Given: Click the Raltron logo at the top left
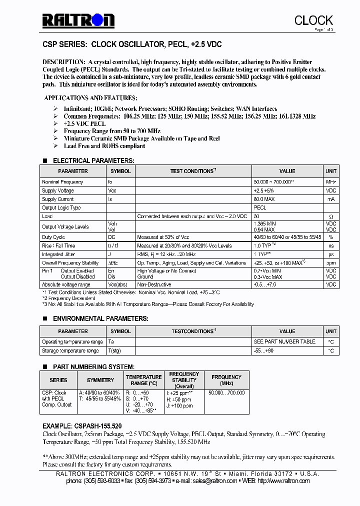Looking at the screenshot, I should point(78,20).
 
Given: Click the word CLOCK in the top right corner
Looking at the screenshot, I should point(313,20).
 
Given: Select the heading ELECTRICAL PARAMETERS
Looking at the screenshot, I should point(93,160).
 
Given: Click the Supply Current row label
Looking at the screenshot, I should point(58,199).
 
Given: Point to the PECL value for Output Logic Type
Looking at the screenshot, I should point(260,207).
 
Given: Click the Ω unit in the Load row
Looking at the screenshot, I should point(331,216).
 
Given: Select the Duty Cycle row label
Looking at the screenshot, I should point(53,237).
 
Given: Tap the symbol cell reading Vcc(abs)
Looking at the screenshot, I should point(118,284).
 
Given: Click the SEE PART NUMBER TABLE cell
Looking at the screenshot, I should point(284,341).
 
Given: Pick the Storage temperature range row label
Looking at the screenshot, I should point(70,351).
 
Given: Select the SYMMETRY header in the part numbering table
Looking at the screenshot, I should point(100,380).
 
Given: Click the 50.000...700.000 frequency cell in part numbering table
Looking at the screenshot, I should point(226,393).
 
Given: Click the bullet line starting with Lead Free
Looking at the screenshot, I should point(104,146).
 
